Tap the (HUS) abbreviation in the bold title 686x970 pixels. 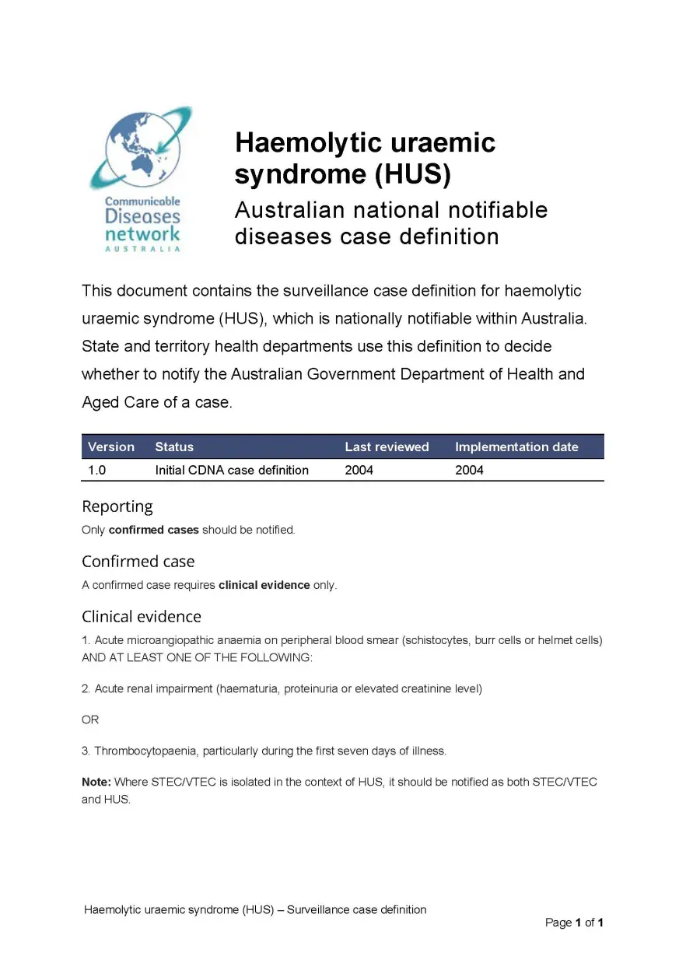tap(412, 175)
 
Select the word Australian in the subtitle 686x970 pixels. tap(289, 210)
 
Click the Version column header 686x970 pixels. tap(111, 446)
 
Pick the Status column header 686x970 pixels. tap(174, 446)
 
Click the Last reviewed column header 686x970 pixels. tap(387, 446)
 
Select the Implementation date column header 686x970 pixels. tap(516, 446)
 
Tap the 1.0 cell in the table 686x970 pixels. tap(97, 470)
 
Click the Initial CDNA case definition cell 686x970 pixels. tap(232, 470)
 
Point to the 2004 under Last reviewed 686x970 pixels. tap(359, 470)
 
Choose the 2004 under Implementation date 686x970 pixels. tap(469, 470)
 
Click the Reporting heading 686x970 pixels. tap(117, 506)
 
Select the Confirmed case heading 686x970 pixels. tap(138, 562)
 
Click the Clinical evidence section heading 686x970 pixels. tap(142, 617)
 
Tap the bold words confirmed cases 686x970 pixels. tap(153, 530)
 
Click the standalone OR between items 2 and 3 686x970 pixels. tap(90, 720)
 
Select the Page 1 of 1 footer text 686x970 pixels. tap(574, 923)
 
